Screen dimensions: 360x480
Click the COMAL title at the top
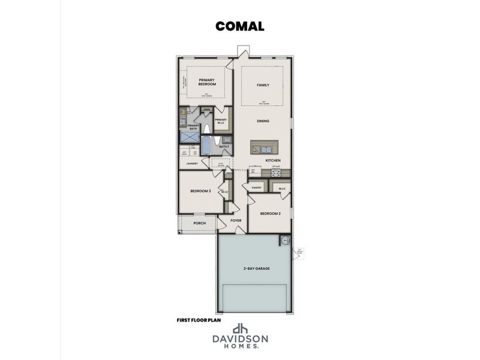point(239,26)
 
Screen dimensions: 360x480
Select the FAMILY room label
point(263,85)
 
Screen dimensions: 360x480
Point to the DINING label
point(263,121)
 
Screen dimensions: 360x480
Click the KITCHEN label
point(273,161)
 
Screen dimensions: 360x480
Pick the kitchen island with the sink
point(265,148)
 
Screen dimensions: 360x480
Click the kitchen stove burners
point(277,172)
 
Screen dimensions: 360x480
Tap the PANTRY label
point(256,188)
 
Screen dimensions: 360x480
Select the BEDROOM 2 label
point(270,214)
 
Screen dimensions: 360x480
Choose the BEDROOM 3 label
point(200,191)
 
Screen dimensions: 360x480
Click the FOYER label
point(236,221)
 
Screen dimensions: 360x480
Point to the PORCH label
point(200,223)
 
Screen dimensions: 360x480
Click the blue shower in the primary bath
point(190,137)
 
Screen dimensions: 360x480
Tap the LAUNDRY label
point(192,163)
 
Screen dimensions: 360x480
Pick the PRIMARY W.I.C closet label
point(221,121)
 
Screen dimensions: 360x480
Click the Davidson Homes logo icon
point(241,329)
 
